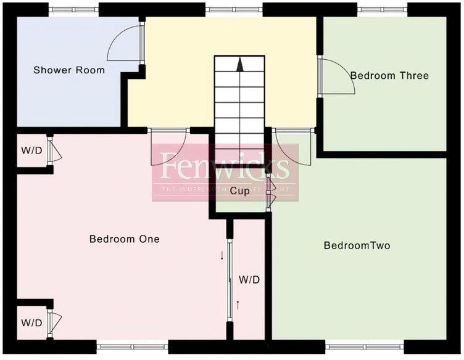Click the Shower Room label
(69, 70)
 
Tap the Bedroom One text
(125, 239)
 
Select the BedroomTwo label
(357, 246)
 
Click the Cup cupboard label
(239, 191)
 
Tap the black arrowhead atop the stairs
(240, 62)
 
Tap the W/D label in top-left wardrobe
(31, 151)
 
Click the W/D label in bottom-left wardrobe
(31, 323)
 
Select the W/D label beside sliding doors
(249, 280)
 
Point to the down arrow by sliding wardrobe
(222, 255)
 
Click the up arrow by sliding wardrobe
(238, 303)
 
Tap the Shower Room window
(73, 10)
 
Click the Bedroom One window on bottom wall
(133, 347)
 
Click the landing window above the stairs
(234, 10)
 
